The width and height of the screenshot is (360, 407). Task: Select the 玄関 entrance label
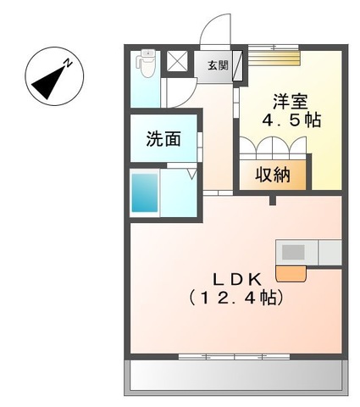tap(217, 65)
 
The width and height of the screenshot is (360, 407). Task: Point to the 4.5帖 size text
tap(291, 120)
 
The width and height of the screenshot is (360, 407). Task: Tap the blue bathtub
tap(145, 192)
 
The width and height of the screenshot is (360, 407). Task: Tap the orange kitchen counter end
tap(291, 272)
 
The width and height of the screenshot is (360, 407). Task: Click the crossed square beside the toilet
tap(179, 62)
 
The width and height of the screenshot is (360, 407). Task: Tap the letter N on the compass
tap(70, 60)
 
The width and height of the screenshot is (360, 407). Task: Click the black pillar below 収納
tap(272, 200)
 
